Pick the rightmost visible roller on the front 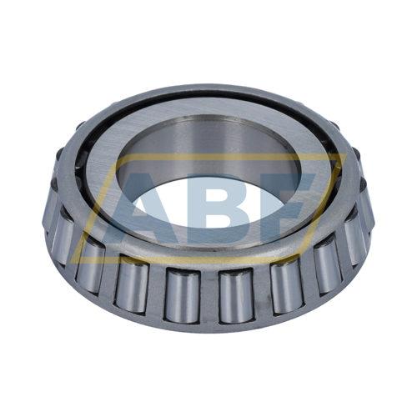click(x=364, y=225)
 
